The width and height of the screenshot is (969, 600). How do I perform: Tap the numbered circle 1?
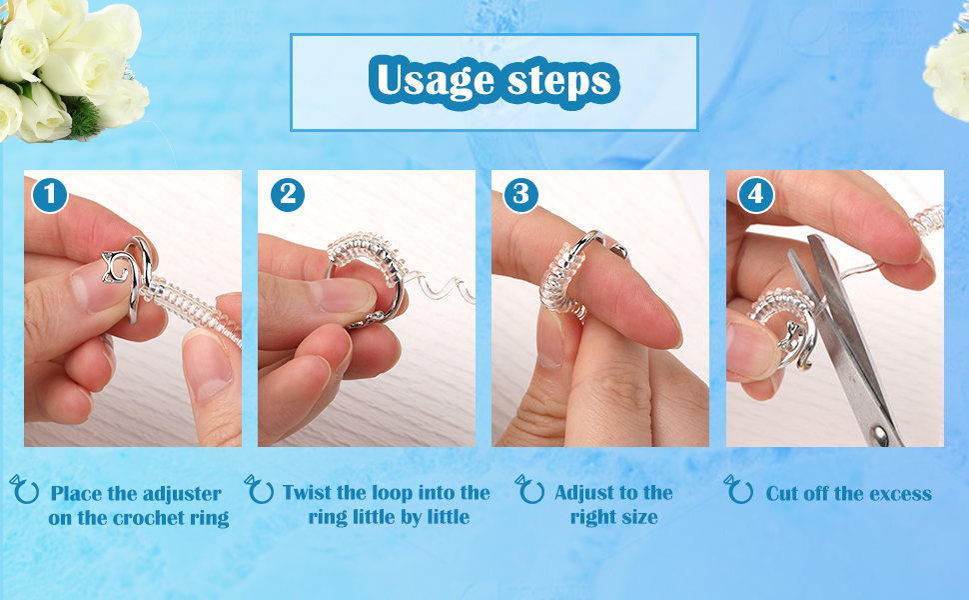(x=49, y=194)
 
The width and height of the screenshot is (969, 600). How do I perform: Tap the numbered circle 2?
(x=288, y=194)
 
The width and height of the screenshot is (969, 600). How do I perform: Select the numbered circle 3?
(x=520, y=194)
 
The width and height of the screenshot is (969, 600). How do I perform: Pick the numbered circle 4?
(x=755, y=194)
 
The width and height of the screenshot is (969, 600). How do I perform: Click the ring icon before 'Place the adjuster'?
(x=25, y=490)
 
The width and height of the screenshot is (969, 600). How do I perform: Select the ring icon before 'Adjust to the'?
(x=529, y=490)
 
